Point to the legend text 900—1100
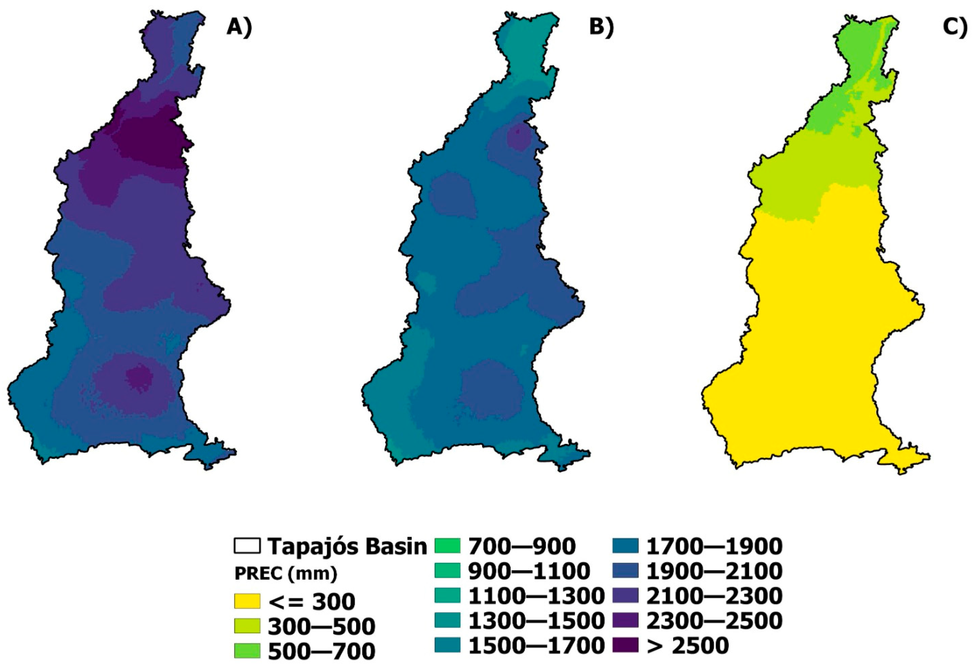coord(529,571)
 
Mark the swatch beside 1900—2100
coord(625,571)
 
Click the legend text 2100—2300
coord(714,595)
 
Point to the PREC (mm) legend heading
coord(286,574)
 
